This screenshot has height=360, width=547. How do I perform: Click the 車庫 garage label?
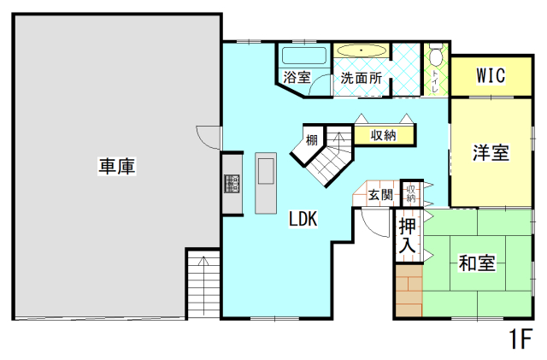(118, 166)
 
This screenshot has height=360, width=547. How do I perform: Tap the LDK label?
(303, 220)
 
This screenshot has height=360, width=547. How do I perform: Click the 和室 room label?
(476, 263)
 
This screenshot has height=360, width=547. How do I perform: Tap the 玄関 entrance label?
(380, 195)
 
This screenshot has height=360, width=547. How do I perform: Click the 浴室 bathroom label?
(296, 77)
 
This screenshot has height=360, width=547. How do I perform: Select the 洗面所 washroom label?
(361, 77)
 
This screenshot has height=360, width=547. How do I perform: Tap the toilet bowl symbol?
(437, 57)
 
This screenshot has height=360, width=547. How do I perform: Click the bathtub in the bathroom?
(303, 56)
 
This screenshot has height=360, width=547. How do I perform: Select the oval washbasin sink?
(362, 51)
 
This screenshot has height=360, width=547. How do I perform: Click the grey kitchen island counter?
(266, 183)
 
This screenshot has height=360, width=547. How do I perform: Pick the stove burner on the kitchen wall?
(231, 184)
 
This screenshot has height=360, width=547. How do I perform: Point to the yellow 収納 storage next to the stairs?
(384, 135)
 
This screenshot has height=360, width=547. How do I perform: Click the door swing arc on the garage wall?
(209, 136)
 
